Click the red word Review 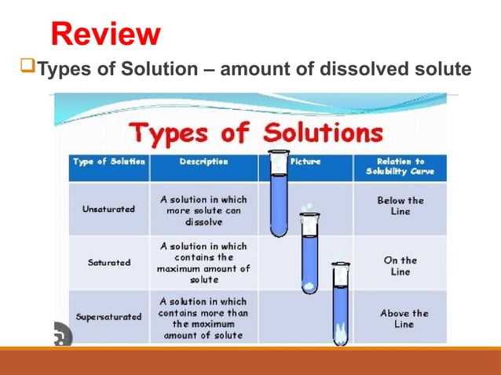tap(106, 34)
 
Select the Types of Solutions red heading tap(256, 132)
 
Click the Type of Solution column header tap(108, 162)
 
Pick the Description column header tap(204, 162)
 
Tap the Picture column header tap(305, 162)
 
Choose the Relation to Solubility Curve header tap(400, 167)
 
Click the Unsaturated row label tap(108, 209)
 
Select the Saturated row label tap(108, 262)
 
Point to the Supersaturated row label tap(108, 317)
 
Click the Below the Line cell tap(400, 206)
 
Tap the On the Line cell tap(400, 265)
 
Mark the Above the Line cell tap(400, 319)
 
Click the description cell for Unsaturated tap(204, 210)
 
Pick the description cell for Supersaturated tap(204, 318)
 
